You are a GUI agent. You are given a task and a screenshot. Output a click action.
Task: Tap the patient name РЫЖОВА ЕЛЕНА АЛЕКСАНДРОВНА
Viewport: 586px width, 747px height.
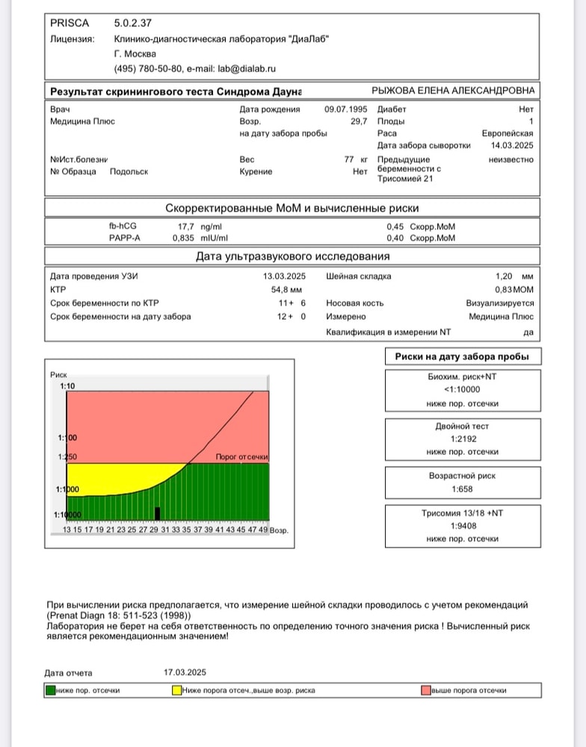[453, 90]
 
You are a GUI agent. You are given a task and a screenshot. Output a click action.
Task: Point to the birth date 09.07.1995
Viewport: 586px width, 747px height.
[346, 109]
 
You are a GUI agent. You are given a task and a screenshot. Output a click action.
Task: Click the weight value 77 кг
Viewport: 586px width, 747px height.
[356, 159]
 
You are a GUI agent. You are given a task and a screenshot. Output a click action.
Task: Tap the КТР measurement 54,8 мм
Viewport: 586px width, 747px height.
[286, 288]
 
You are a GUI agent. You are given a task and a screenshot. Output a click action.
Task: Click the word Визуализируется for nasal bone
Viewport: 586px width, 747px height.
[500, 303]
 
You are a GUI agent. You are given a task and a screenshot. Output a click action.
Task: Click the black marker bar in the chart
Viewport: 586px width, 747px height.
[157, 513]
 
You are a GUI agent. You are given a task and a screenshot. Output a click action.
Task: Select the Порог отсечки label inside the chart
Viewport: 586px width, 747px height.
[241, 456]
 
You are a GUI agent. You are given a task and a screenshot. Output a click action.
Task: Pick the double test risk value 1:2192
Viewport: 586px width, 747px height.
[463, 439]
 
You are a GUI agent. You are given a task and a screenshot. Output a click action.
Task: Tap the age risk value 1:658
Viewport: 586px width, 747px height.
[463, 489]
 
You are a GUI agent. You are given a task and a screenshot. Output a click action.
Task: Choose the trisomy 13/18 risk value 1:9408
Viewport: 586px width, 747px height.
[463, 525]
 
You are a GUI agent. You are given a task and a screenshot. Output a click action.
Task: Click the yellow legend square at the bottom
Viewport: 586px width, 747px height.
[176, 690]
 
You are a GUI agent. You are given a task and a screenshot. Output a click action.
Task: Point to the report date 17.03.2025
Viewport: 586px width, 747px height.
[185, 672]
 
